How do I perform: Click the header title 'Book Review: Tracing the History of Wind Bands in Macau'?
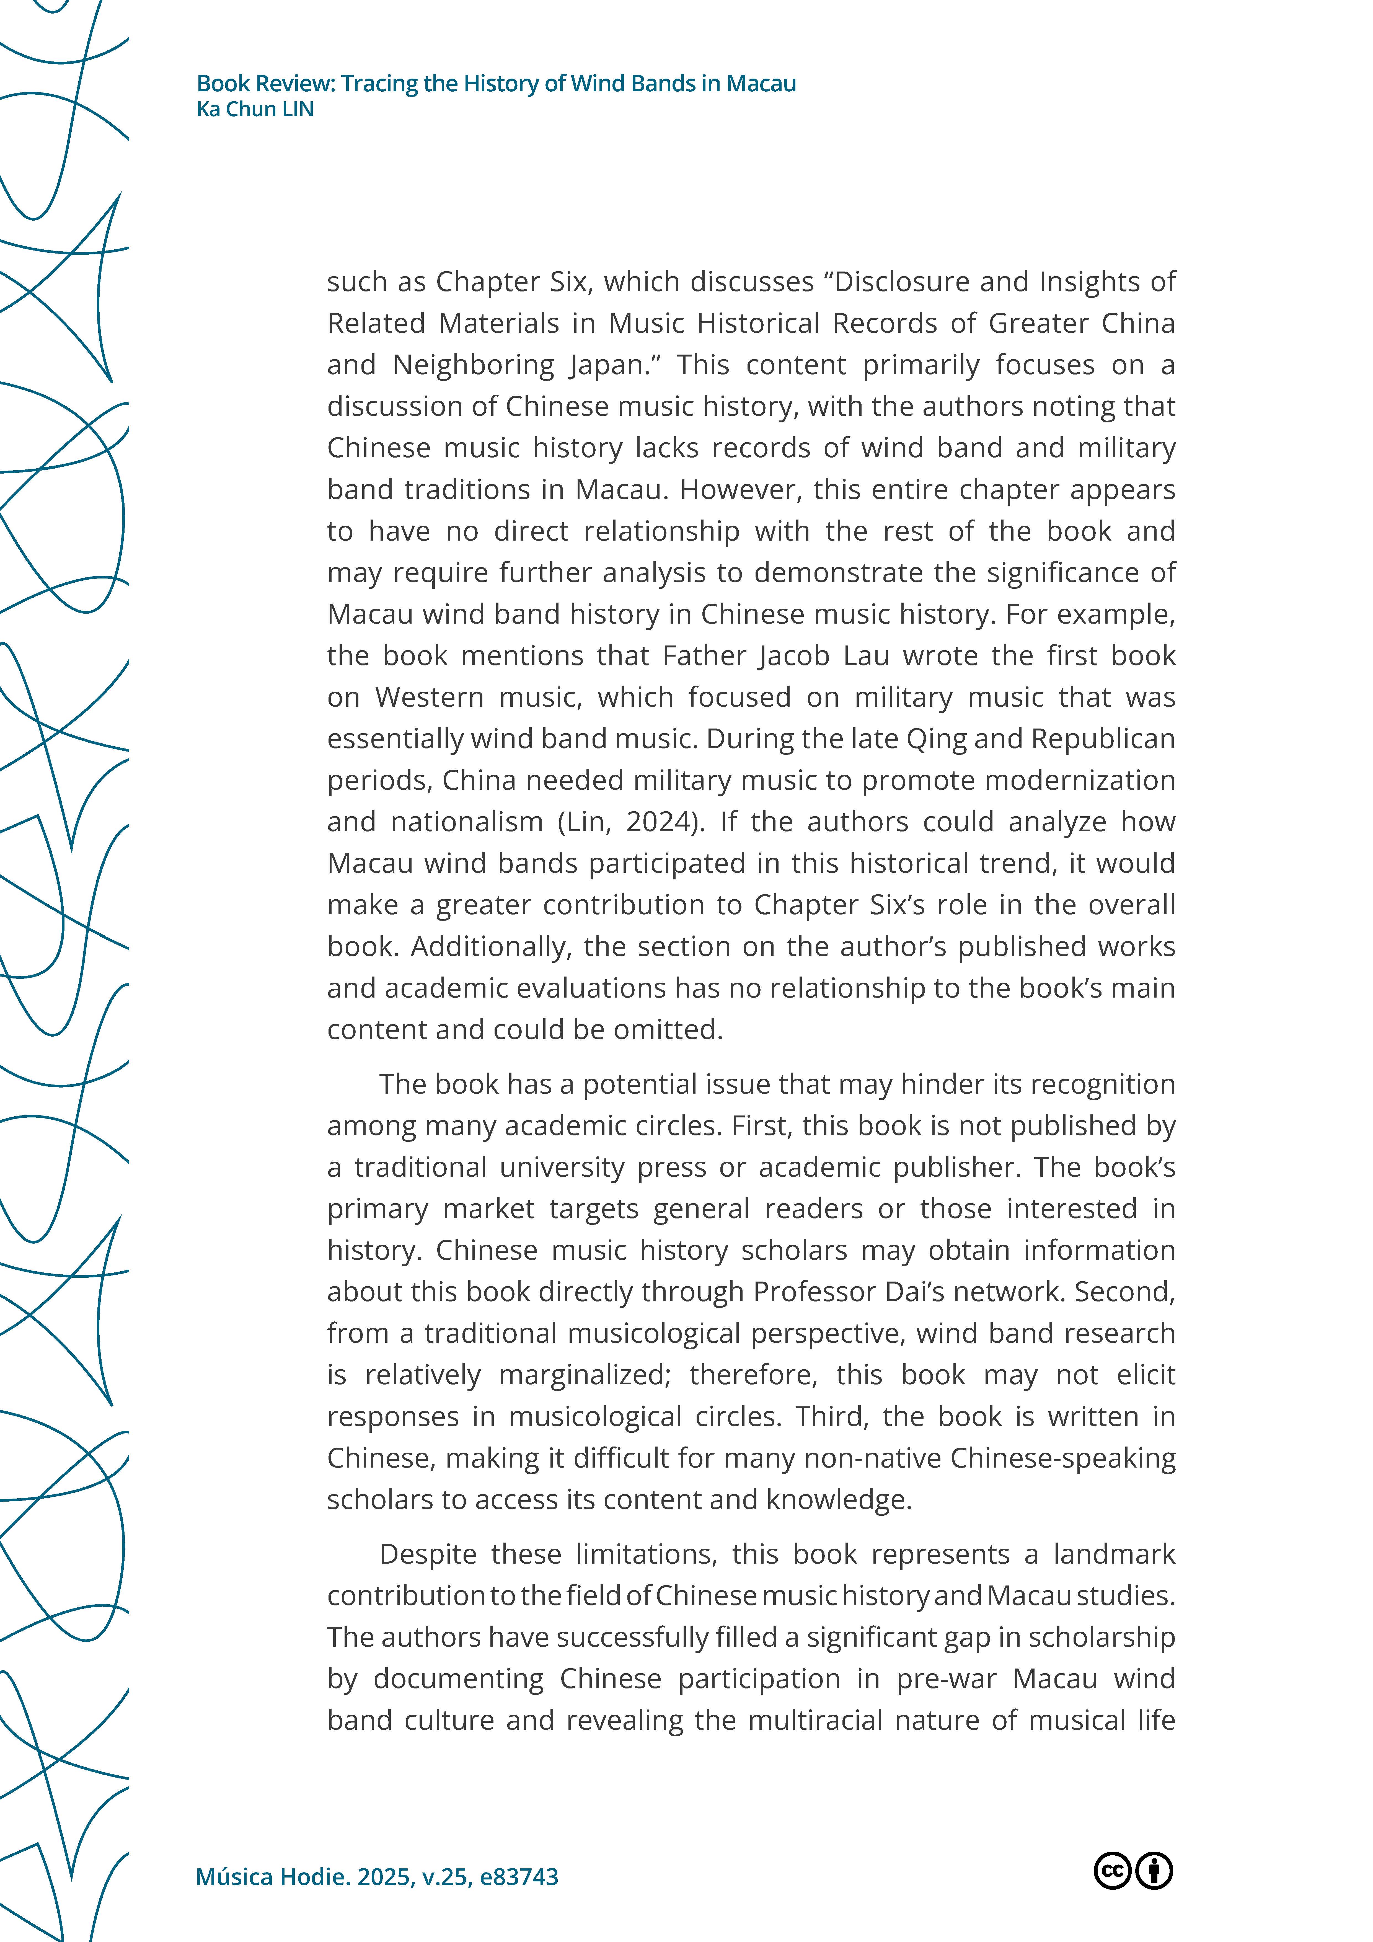(496, 84)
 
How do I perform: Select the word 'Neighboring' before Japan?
(474, 365)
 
